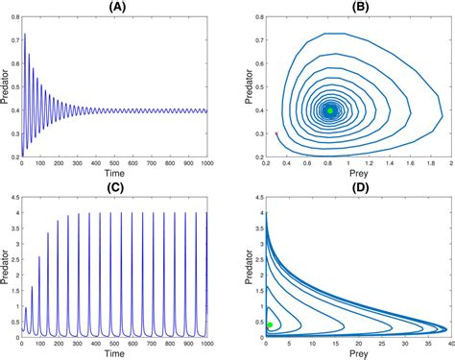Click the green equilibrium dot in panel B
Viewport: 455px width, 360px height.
click(x=330, y=110)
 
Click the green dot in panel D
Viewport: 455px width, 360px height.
click(x=270, y=324)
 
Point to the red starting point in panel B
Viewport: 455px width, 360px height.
click(x=276, y=133)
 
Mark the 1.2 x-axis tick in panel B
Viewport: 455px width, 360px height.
click(x=369, y=164)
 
